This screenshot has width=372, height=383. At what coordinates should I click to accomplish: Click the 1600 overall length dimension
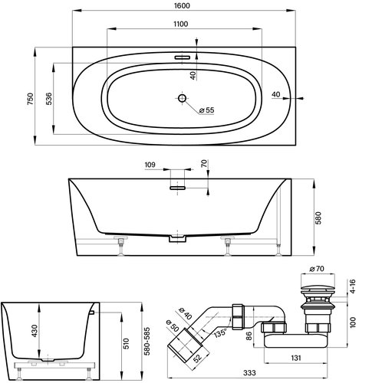click(183, 6)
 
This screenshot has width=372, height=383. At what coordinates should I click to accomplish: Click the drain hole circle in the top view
click(183, 98)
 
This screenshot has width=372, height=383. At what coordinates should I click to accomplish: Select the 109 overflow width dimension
click(150, 164)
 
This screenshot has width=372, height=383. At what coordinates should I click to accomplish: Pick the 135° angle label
click(220, 333)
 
